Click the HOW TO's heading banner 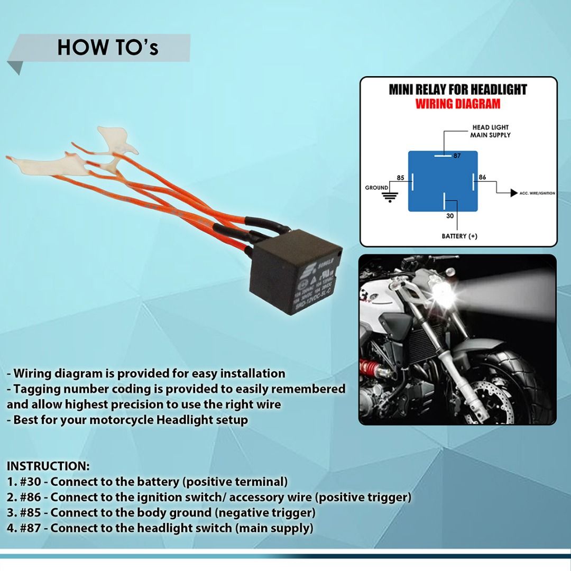tap(108, 48)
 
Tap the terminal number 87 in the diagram tap(457, 156)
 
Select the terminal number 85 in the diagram tap(400, 178)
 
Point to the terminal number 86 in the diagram tap(482, 178)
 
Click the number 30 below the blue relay tap(450, 216)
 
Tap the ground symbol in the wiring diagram tap(390, 198)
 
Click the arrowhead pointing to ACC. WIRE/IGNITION tap(513, 193)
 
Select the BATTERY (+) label tap(459, 236)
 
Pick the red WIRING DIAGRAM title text tap(457, 104)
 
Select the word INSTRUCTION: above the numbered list tap(48, 466)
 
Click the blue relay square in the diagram tap(443, 181)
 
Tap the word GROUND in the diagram tap(376, 188)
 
